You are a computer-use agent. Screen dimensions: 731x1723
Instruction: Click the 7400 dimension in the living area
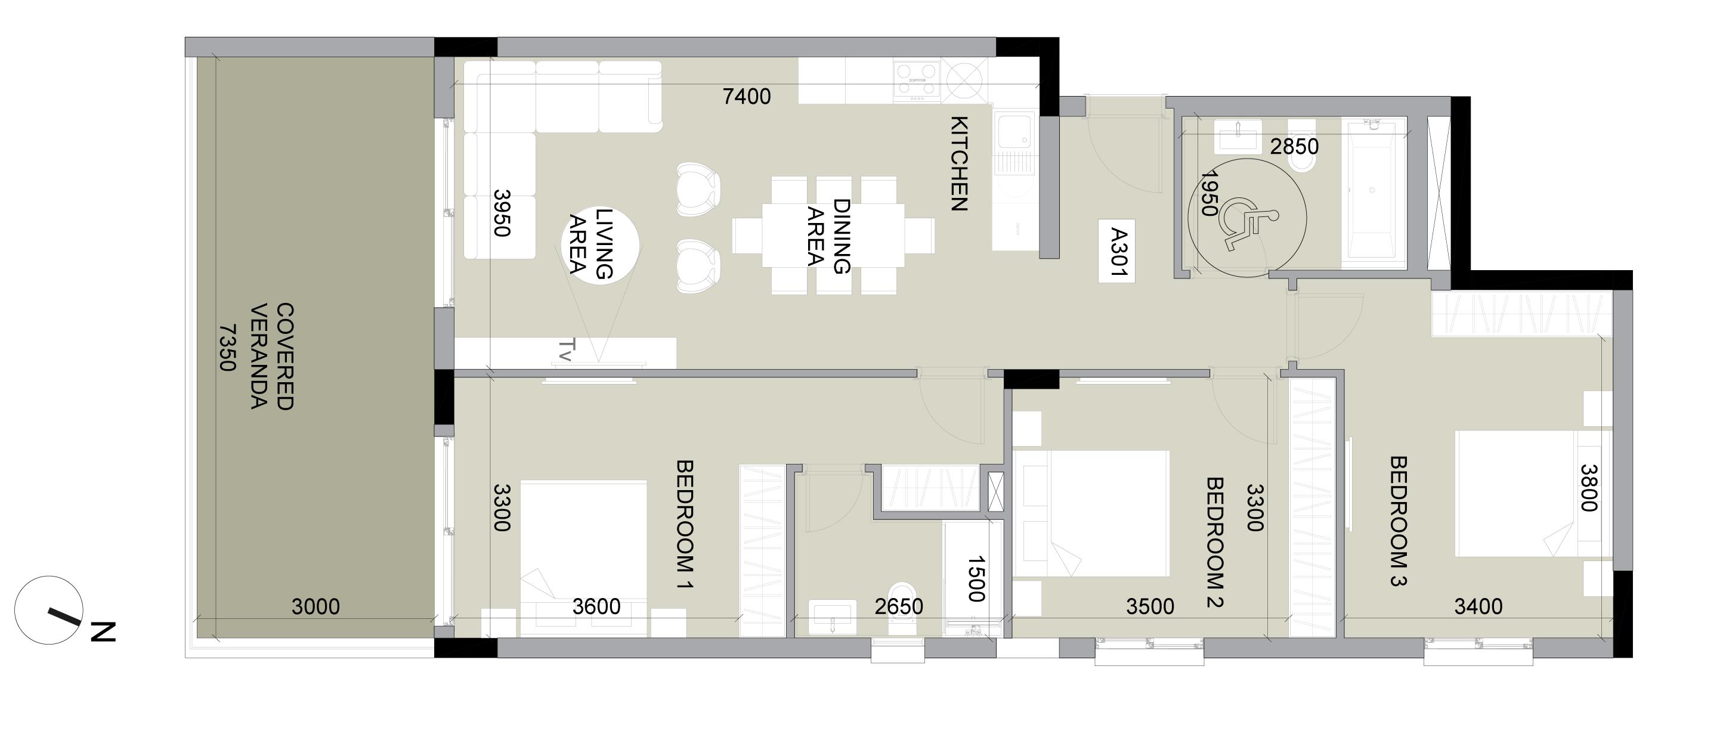747,97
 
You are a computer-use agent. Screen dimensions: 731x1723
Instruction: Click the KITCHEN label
959,164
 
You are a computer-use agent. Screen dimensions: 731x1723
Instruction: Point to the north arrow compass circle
48,610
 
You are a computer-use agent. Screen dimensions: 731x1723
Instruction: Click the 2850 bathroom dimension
1294,147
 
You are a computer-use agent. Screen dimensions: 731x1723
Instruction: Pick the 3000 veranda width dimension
315,606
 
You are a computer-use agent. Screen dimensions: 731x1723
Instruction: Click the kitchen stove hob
916,80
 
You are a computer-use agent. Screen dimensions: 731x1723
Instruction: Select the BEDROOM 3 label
1398,521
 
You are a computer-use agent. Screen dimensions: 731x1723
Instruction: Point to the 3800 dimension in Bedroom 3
1589,488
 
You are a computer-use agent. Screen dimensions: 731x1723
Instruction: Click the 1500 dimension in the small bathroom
976,578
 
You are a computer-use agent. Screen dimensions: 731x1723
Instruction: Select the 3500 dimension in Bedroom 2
1150,606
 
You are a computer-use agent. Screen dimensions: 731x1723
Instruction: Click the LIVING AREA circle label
591,242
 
